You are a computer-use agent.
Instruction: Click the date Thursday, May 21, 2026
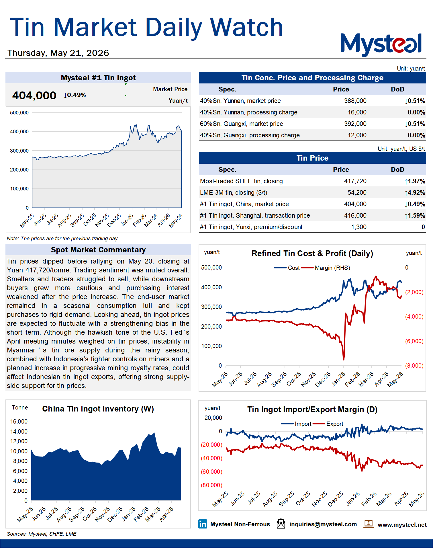click(x=58, y=53)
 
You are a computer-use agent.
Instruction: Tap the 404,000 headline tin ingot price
click(x=34, y=95)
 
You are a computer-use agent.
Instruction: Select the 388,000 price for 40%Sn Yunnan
click(x=355, y=101)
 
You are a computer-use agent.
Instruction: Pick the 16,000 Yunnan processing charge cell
click(x=357, y=112)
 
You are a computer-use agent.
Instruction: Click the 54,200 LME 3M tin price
click(x=357, y=193)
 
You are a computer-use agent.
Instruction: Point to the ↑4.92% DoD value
click(x=415, y=193)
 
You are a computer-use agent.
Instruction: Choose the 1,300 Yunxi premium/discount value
click(x=359, y=227)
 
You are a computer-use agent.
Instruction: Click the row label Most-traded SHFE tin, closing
click(x=241, y=181)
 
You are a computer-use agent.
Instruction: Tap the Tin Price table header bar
click(x=312, y=158)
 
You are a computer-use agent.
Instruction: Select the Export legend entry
click(x=328, y=424)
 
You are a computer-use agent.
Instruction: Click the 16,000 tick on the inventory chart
click(x=19, y=422)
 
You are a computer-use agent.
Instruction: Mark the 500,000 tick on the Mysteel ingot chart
click(x=19, y=113)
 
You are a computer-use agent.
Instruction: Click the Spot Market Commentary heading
click(x=98, y=250)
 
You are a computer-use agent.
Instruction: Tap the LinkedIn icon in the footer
click(x=203, y=524)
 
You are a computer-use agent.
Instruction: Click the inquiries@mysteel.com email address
click(x=323, y=524)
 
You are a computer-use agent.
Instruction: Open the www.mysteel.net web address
click(x=402, y=525)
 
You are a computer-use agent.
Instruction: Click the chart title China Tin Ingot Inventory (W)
click(x=98, y=409)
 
